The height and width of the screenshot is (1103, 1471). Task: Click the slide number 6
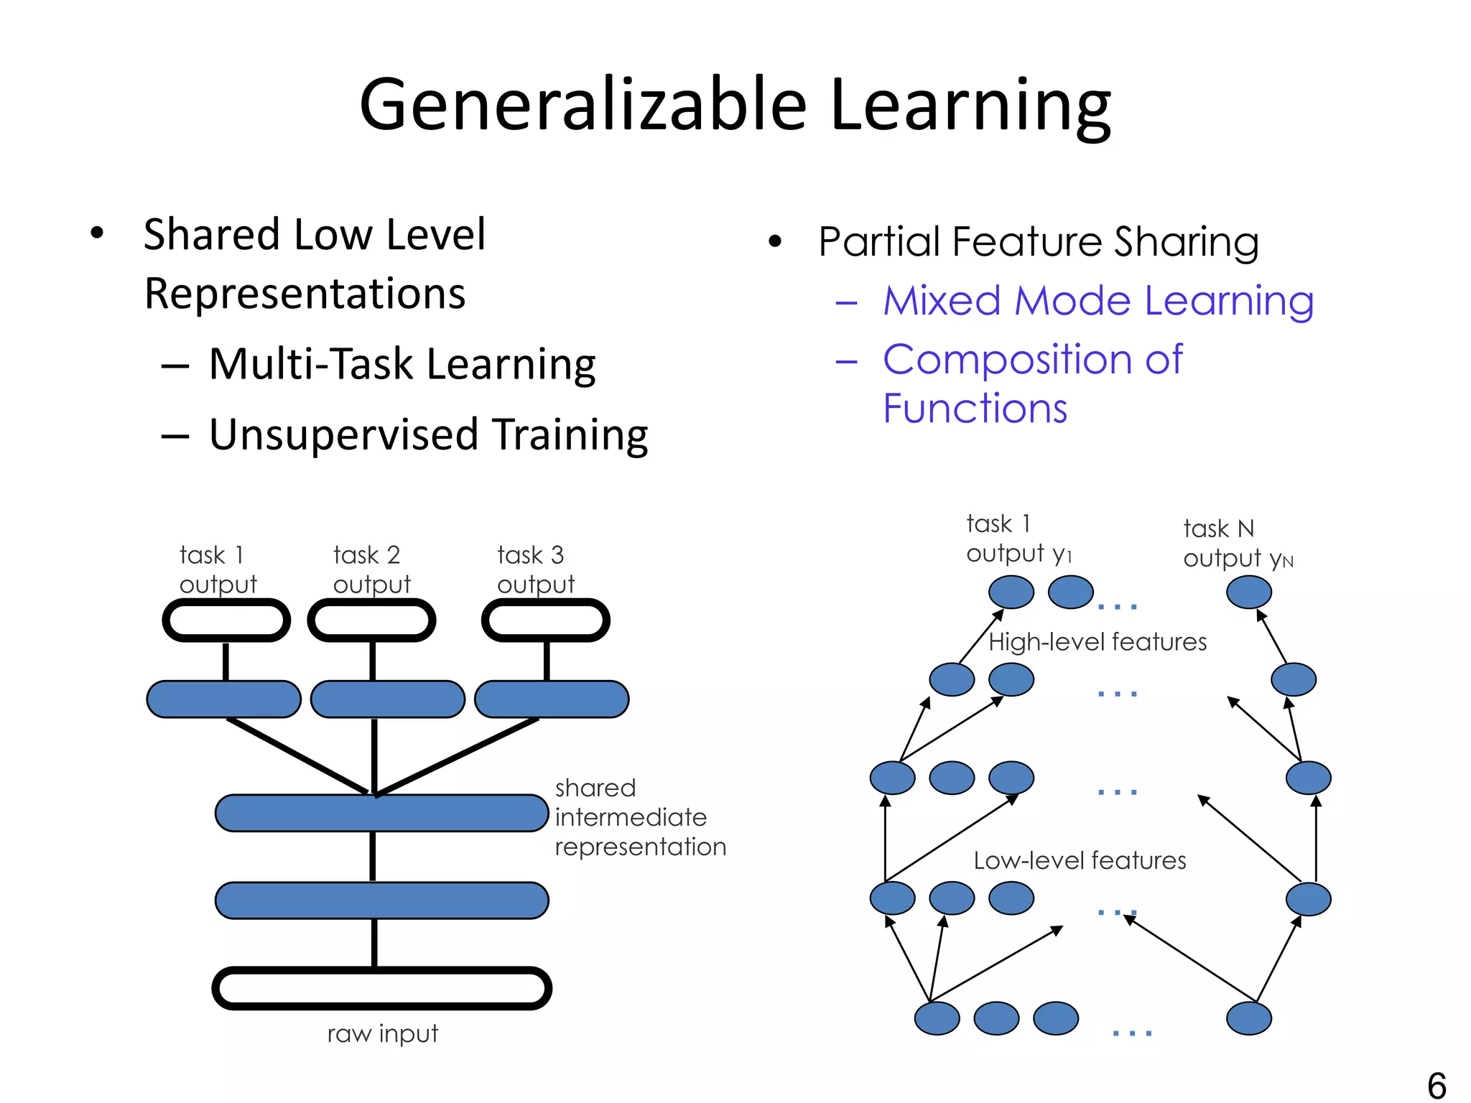coord(1437,1084)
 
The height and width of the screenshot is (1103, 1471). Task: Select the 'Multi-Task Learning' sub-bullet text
coord(402,364)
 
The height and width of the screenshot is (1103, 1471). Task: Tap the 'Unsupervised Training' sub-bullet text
coord(428,435)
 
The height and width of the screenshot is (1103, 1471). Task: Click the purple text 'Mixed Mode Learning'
coord(1098,301)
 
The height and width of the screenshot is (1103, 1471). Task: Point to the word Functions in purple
coord(975,409)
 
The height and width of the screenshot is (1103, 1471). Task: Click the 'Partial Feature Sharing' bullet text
coord(1038,241)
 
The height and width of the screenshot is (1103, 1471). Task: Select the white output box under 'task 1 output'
coord(226,620)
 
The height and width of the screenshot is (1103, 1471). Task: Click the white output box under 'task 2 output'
coord(371,620)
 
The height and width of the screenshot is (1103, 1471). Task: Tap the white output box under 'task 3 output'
coord(545,620)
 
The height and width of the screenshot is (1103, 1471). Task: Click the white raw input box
coord(381,988)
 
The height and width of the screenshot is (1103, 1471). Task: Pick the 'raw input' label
coord(382,1034)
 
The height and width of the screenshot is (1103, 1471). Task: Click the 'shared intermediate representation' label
coord(640,817)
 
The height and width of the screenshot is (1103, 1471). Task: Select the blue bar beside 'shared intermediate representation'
coord(381,813)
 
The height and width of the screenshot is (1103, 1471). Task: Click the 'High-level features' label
coord(1097,642)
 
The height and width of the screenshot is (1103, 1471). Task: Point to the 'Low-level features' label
coord(1080,860)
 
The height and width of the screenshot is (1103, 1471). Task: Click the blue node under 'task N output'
coord(1248,592)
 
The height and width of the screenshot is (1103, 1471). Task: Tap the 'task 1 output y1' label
coord(1018,539)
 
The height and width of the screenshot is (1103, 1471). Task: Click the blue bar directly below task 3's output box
coord(552,699)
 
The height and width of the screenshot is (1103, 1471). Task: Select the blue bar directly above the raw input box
coord(381,900)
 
